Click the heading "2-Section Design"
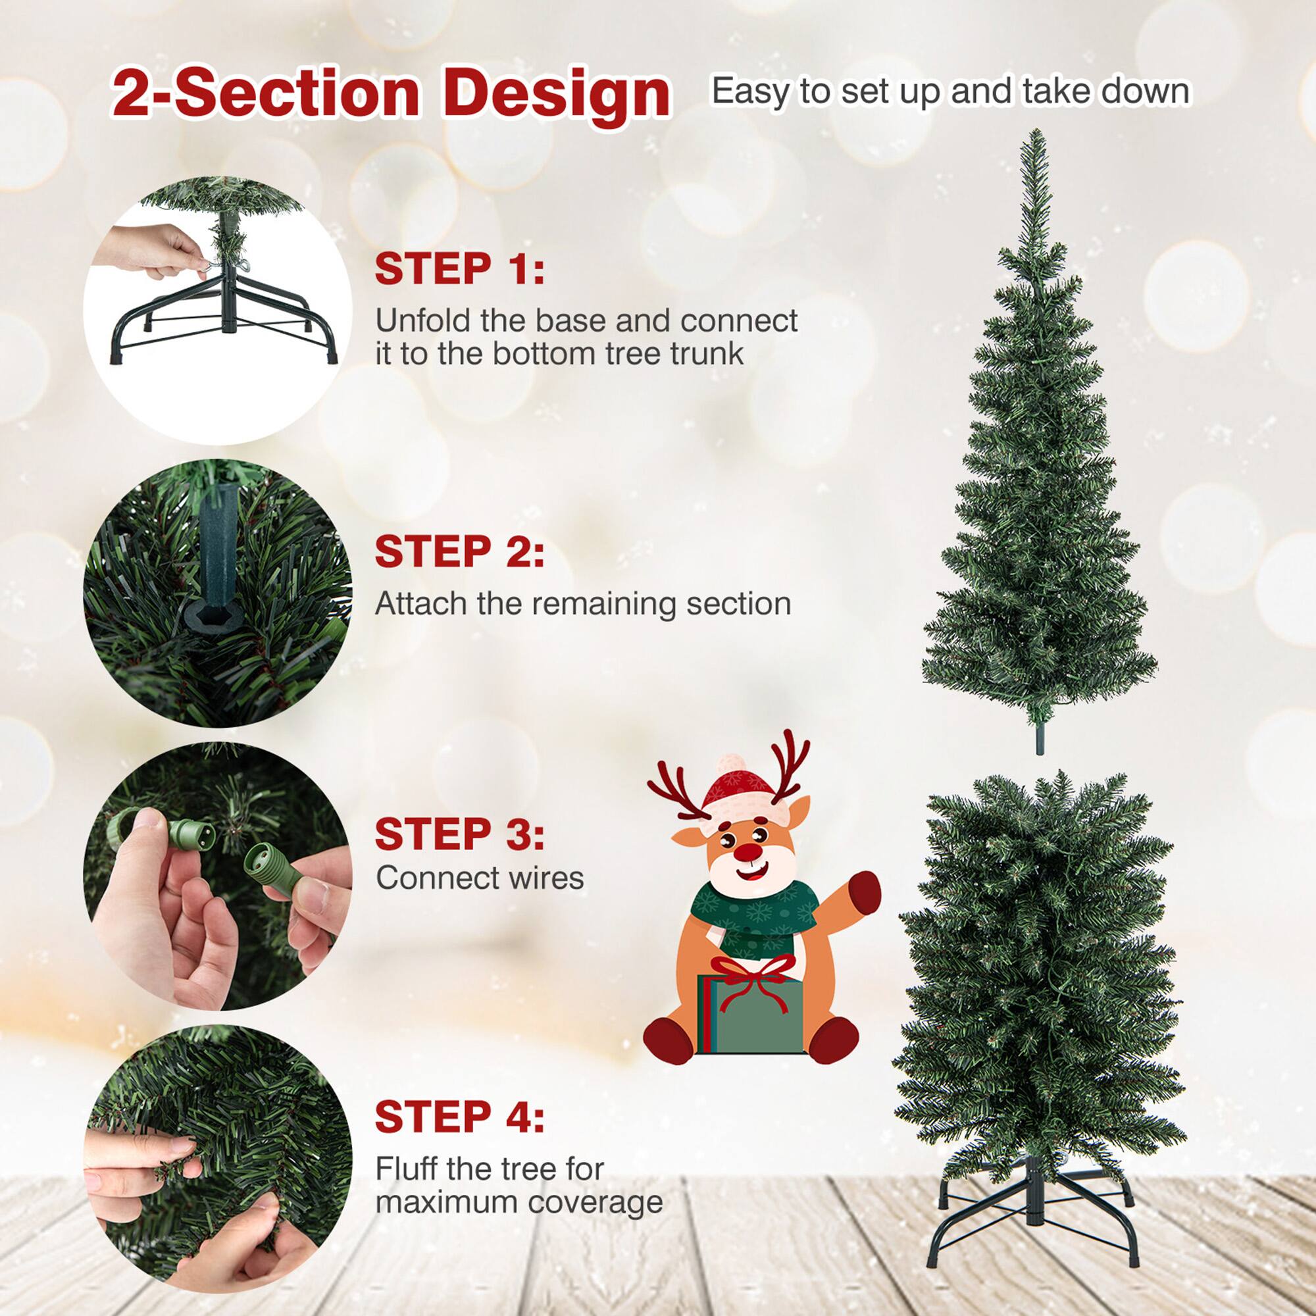coord(391,93)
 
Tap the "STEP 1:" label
coord(460,269)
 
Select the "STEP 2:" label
coord(460,552)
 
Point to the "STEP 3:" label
coord(460,834)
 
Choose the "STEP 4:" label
coord(460,1117)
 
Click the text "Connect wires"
coord(480,878)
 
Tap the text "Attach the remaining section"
coord(583,603)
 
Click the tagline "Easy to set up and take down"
coord(950,91)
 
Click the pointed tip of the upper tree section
coord(1037,136)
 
